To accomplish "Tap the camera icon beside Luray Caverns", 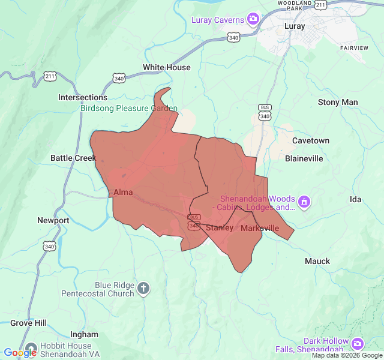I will pyautogui.click(x=253, y=20).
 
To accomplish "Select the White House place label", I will pyautogui.click(x=166, y=67).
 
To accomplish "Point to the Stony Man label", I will pyautogui.click(x=337, y=102).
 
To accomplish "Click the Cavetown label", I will pyautogui.click(x=310, y=140).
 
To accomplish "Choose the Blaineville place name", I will pyautogui.click(x=304, y=158).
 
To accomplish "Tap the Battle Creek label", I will pyautogui.click(x=73, y=158).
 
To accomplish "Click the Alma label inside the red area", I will pyautogui.click(x=122, y=192).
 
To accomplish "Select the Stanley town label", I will pyautogui.click(x=220, y=227).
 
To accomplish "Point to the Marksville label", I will pyautogui.click(x=260, y=228).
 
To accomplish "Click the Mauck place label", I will pyautogui.click(x=317, y=261).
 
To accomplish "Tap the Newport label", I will pyautogui.click(x=53, y=220).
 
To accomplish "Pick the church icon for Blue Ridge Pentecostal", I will pyautogui.click(x=143, y=289).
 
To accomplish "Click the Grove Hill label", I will pyautogui.click(x=28, y=323).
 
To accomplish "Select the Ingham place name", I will pyautogui.click(x=84, y=334).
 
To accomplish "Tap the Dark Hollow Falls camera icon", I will pyautogui.click(x=358, y=344).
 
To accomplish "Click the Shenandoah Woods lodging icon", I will pyautogui.click(x=304, y=201).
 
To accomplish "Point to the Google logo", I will pyautogui.click(x=20, y=353).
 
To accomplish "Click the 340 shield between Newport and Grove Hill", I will pyautogui.click(x=49, y=245).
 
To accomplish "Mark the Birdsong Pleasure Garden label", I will pyautogui.click(x=129, y=109).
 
